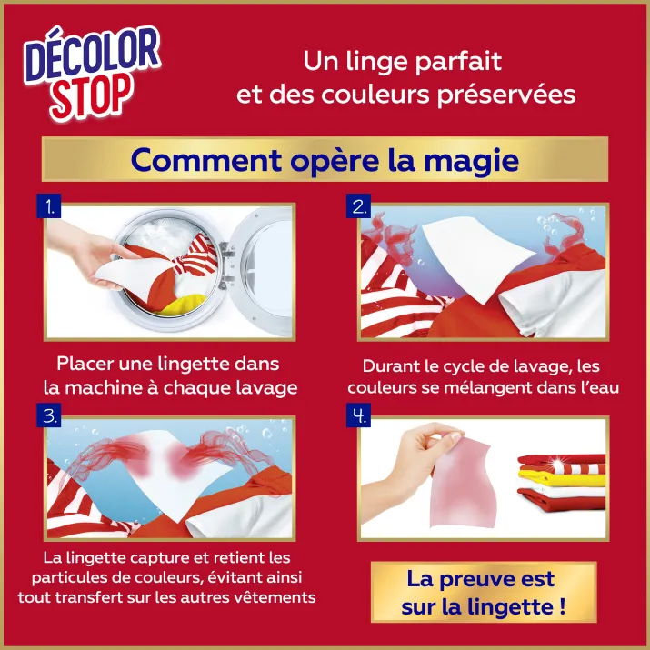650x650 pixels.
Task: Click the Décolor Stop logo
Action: (x=92, y=73)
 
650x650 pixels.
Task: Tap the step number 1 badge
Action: (x=49, y=206)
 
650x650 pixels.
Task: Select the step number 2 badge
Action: (x=358, y=206)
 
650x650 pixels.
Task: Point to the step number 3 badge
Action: (x=49, y=415)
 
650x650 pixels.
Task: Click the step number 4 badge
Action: (x=358, y=415)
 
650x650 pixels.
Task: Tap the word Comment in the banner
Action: (x=206, y=160)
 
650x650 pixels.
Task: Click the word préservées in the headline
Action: (x=506, y=95)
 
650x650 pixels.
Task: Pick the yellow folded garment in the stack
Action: (x=562, y=480)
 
